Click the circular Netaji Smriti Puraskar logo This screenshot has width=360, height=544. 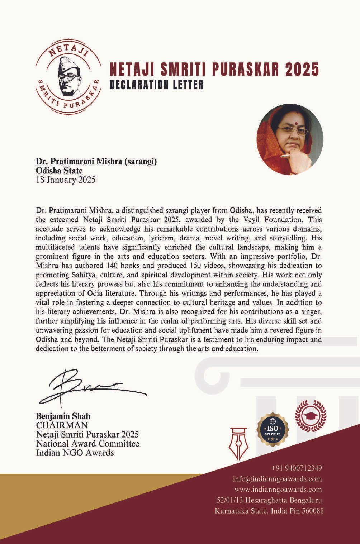click(68, 76)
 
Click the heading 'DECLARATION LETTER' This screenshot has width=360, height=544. click(157, 85)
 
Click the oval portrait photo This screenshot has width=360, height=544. click(290, 139)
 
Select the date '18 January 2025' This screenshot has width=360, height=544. click(66, 180)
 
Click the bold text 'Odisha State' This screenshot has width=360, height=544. click(59, 171)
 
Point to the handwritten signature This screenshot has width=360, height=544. click(91, 387)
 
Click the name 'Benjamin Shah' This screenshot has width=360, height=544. click(63, 416)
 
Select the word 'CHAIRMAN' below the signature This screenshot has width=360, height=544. click(62, 425)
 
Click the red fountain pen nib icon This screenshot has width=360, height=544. click(238, 443)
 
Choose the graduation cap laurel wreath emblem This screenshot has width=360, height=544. click(311, 416)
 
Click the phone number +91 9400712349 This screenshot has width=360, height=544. click(297, 468)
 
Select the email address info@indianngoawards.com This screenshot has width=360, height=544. click(277, 479)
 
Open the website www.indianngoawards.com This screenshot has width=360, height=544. click(278, 490)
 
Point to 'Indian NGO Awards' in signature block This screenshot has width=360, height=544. click(75, 453)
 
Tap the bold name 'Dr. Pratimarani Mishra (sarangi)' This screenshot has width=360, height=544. click(96, 162)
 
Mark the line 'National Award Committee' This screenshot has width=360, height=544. click(87, 444)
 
